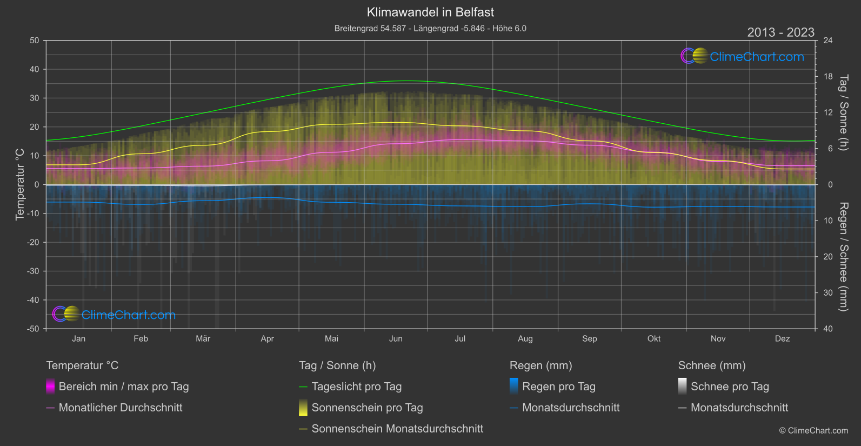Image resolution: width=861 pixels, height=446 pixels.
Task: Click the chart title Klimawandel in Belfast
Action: (430, 12)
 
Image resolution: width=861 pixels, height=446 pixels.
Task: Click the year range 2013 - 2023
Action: (780, 32)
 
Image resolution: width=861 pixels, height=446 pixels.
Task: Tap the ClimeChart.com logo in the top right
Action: (743, 56)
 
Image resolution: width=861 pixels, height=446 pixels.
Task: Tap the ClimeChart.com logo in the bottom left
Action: (115, 315)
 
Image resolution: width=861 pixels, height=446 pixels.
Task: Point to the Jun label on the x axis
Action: (396, 338)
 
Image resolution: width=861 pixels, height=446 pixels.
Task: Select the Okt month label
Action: (654, 338)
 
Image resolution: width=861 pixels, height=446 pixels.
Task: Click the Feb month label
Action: (141, 338)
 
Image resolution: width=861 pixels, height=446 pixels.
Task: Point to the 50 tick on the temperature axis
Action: (35, 41)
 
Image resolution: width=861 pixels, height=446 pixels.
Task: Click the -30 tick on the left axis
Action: (33, 271)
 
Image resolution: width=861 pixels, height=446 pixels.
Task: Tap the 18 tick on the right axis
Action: (828, 77)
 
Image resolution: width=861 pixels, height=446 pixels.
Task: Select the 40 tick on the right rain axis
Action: (828, 329)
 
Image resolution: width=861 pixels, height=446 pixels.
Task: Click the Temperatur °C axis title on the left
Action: (20, 184)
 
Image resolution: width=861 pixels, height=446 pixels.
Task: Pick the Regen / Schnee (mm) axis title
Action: (843, 257)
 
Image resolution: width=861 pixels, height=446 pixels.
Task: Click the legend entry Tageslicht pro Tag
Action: (356, 387)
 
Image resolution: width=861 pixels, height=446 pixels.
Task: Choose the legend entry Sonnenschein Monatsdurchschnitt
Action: (397, 429)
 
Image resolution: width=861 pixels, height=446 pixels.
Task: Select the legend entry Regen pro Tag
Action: (558, 387)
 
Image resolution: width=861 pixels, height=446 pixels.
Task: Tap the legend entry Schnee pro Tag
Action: (729, 387)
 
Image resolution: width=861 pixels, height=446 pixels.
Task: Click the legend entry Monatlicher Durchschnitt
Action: (120, 408)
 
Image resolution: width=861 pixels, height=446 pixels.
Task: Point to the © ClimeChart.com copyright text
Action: (813, 431)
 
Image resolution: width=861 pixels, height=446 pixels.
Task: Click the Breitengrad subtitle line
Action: (430, 28)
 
